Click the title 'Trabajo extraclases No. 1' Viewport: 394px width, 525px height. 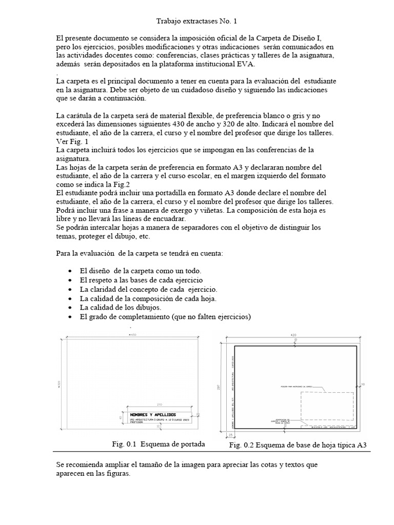(196, 22)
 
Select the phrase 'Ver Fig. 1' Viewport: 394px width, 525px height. (72, 141)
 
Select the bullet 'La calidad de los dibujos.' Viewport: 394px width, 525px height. (121, 308)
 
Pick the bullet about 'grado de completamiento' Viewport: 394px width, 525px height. (165, 317)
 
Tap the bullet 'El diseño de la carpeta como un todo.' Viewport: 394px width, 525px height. (141, 271)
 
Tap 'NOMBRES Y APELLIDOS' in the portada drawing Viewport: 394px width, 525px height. (152, 414)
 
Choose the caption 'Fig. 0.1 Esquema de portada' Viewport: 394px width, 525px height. (159, 444)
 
